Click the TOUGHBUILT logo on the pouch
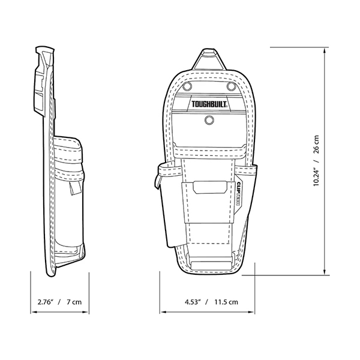pos(209,104)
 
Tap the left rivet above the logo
pos(188,86)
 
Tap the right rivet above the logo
pos(231,86)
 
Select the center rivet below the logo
pos(209,120)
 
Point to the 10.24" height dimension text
pos(316,175)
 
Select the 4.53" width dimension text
pos(193,302)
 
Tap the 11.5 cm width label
pos(226,302)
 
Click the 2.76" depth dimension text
pos(45,302)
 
